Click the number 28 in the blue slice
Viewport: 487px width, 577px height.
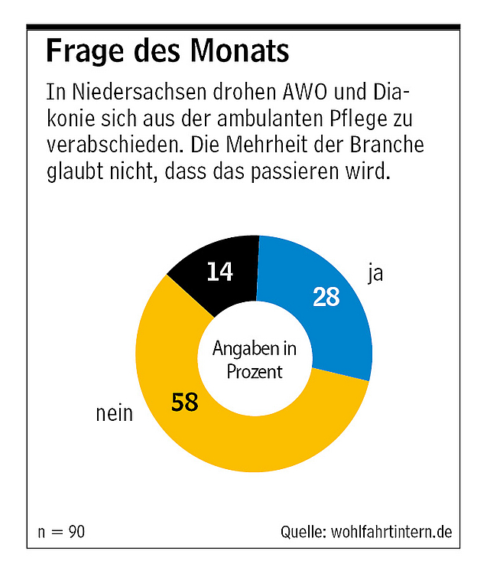click(326, 296)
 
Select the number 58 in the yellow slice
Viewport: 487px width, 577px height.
click(185, 401)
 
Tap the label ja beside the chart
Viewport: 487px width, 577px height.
click(375, 273)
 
